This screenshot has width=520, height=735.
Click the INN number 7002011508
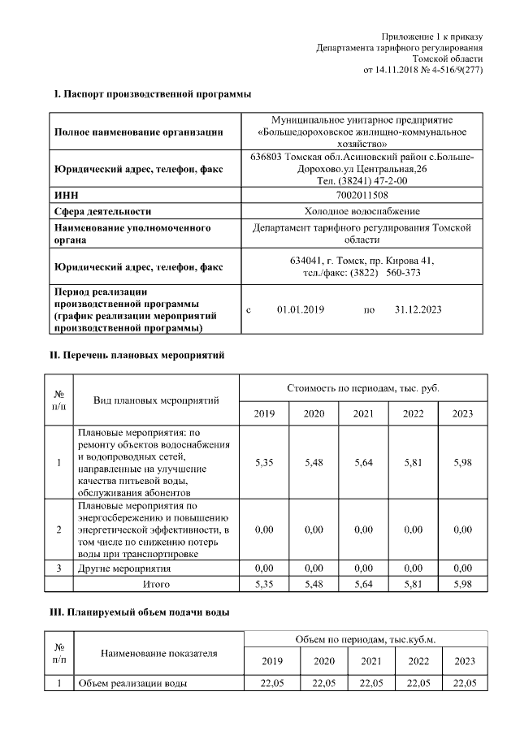tap(362, 196)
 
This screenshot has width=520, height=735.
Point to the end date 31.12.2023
tap(418, 310)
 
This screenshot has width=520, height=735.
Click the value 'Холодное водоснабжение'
tap(362, 212)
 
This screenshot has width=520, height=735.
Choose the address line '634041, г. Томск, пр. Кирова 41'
tap(362, 261)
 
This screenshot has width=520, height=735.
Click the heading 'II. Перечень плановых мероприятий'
tap(137, 355)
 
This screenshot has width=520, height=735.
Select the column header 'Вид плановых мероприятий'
tap(157, 400)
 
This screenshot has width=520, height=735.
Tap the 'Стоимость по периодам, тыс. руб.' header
tap(363, 389)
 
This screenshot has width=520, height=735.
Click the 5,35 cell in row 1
tap(264, 462)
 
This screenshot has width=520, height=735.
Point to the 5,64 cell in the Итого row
tap(363, 583)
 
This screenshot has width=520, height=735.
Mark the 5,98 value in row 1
tap(462, 462)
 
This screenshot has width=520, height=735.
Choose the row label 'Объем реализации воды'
tap(132, 683)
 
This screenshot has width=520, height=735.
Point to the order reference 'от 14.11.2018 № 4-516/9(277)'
tap(422, 71)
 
